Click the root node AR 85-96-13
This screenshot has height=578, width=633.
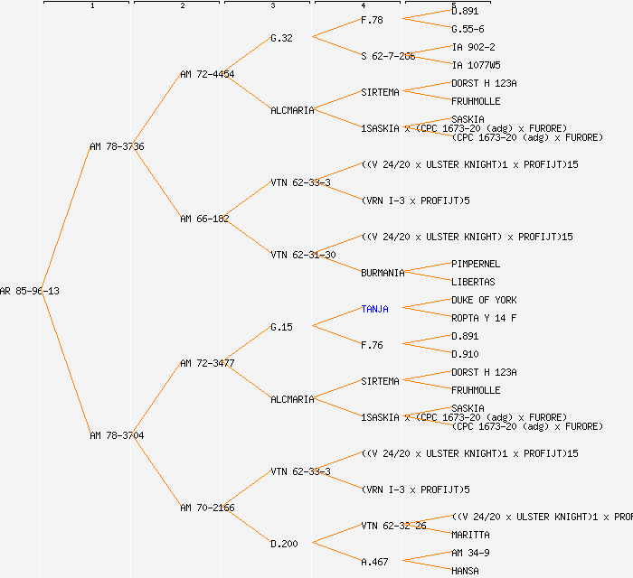coord(30,291)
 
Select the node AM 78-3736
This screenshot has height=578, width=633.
coord(117,146)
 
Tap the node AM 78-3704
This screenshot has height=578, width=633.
coord(117,435)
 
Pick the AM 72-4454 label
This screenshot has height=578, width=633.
coord(207,74)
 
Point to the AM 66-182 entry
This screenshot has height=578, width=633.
coord(204,219)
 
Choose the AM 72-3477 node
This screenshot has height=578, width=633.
coord(207,363)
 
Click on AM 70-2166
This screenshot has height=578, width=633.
coord(207,508)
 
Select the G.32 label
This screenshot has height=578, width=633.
coord(281,38)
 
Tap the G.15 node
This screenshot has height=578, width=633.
coord(281,327)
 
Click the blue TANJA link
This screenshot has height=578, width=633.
coord(374,309)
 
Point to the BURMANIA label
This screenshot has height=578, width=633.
coord(383,273)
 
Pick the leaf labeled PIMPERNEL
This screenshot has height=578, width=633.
coord(476,264)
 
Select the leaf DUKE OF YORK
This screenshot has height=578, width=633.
coord(484,300)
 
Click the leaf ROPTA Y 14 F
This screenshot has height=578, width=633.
coord(484,318)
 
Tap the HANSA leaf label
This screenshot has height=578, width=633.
coord(465,571)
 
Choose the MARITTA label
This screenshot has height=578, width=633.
coord(470,535)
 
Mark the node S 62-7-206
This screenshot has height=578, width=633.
coord(388,56)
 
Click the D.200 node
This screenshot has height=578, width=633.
coord(284,544)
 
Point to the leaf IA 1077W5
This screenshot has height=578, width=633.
coord(476,65)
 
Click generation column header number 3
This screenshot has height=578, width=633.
coord(272,6)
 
